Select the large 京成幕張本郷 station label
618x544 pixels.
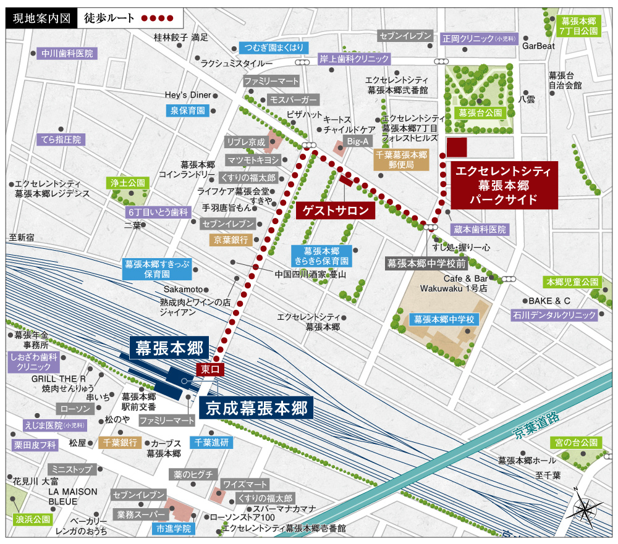[256, 408]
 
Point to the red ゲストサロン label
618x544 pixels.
[336, 211]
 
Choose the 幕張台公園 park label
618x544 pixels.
[480, 112]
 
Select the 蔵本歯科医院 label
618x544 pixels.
[480, 230]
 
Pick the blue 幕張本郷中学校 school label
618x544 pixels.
[444, 319]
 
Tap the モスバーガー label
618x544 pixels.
[293, 99]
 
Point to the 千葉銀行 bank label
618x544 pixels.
[119, 442]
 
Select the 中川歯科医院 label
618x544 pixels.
[67, 53]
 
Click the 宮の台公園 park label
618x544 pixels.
[576, 443]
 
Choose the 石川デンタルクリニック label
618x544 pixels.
[554, 315]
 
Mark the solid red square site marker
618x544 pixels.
[457, 147]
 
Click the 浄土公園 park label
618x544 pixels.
[127, 183]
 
